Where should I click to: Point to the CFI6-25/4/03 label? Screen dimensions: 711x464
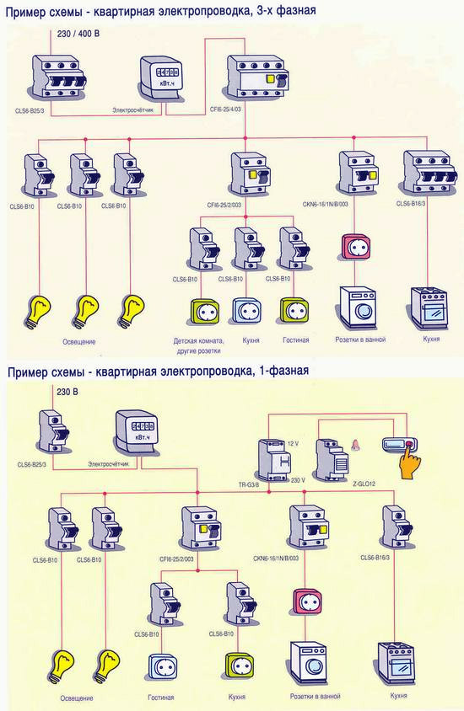(x=231, y=110)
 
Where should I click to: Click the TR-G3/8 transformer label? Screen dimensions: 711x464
(x=263, y=485)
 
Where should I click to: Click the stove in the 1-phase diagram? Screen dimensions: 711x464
(x=398, y=665)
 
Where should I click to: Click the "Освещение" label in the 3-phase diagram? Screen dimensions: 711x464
(x=78, y=341)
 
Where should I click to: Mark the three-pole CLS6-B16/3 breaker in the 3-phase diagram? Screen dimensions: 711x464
(x=424, y=174)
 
